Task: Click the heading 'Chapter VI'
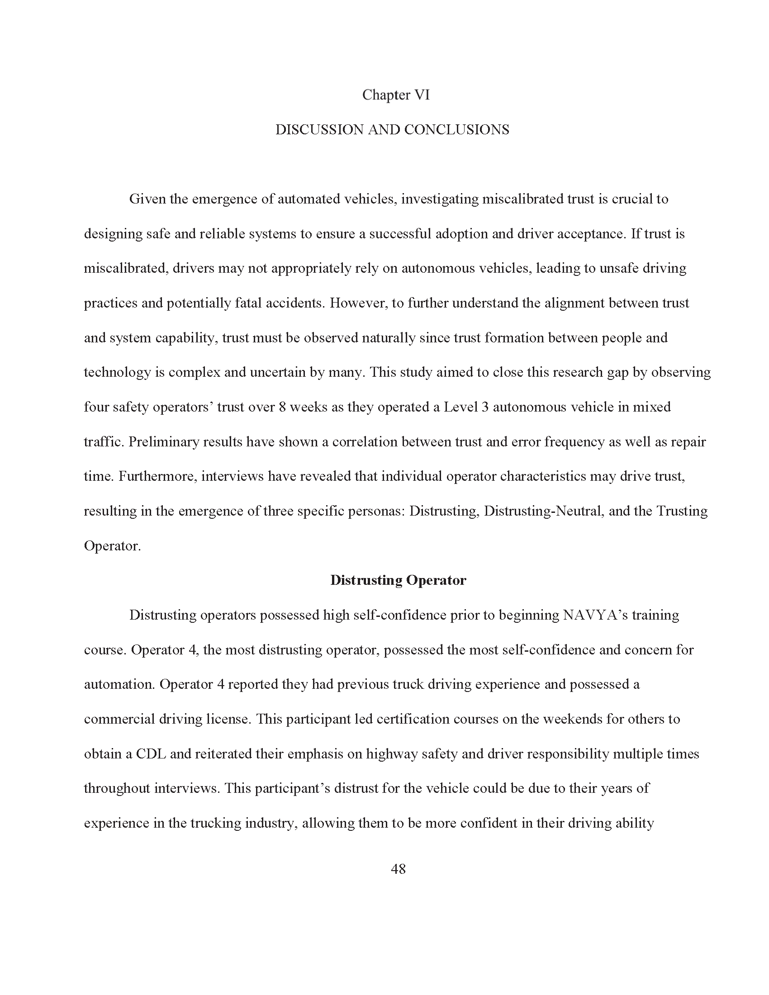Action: [x=395, y=95]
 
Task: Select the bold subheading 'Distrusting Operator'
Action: [x=398, y=580]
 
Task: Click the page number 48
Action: [x=398, y=869]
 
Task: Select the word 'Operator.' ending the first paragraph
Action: [x=112, y=545]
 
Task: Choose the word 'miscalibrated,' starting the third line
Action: [x=127, y=268]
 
